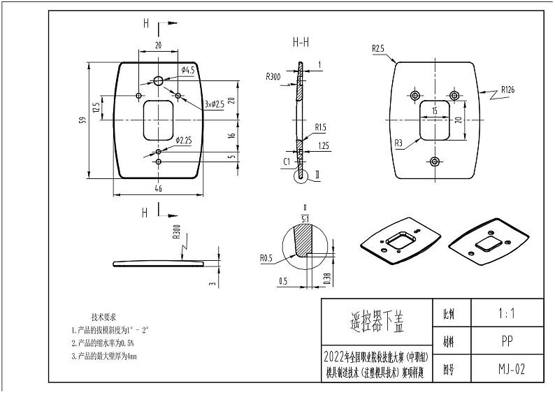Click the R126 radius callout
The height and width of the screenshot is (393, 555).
pyautogui.click(x=512, y=90)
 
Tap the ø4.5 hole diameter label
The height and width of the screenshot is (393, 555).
pyautogui.click(x=187, y=70)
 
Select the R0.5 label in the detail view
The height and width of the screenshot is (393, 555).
pyautogui.click(x=266, y=258)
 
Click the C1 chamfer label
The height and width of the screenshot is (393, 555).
pyautogui.click(x=287, y=162)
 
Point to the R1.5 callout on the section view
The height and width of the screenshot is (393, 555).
pyautogui.click(x=321, y=128)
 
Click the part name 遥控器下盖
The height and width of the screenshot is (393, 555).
pyautogui.click(x=376, y=324)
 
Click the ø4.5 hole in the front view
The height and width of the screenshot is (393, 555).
pyautogui.click(x=159, y=81)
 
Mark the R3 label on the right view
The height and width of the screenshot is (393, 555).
pyautogui.click(x=398, y=143)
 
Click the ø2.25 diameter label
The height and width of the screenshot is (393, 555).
pyautogui.click(x=184, y=140)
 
